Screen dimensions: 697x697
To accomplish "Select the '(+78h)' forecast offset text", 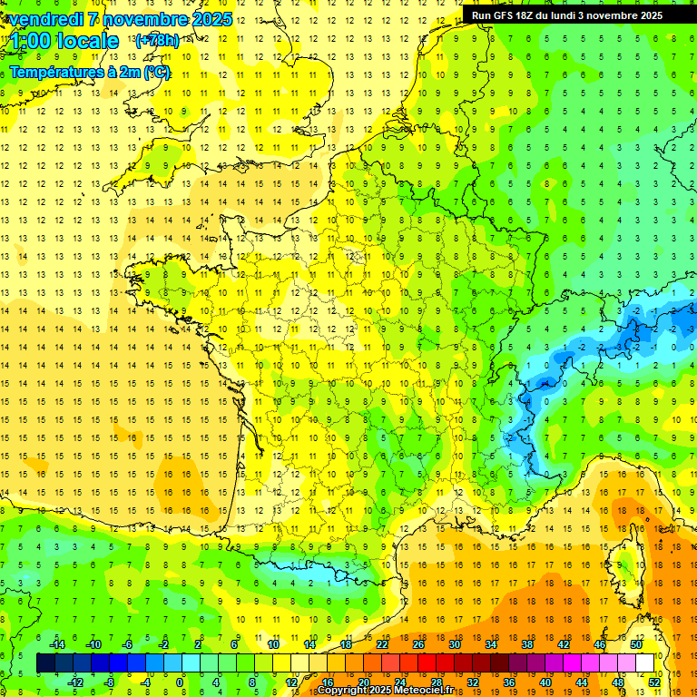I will tap(156, 41).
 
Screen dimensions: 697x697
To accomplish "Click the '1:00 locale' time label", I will tap(65, 42).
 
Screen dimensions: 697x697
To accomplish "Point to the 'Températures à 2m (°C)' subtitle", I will tap(90, 72).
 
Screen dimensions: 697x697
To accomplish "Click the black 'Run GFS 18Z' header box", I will tap(577, 15).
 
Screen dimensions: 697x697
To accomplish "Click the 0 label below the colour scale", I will tap(181, 682).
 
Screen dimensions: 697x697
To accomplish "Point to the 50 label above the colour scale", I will tap(636, 644).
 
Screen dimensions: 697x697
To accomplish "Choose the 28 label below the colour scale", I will tap(437, 682).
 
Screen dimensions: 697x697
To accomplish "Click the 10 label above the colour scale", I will tap(272, 644).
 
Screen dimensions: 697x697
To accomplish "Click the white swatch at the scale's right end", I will tap(645, 663).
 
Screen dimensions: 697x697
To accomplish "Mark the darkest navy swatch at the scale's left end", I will tap(45, 663).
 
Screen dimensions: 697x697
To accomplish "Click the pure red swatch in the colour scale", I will tap(427, 663).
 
